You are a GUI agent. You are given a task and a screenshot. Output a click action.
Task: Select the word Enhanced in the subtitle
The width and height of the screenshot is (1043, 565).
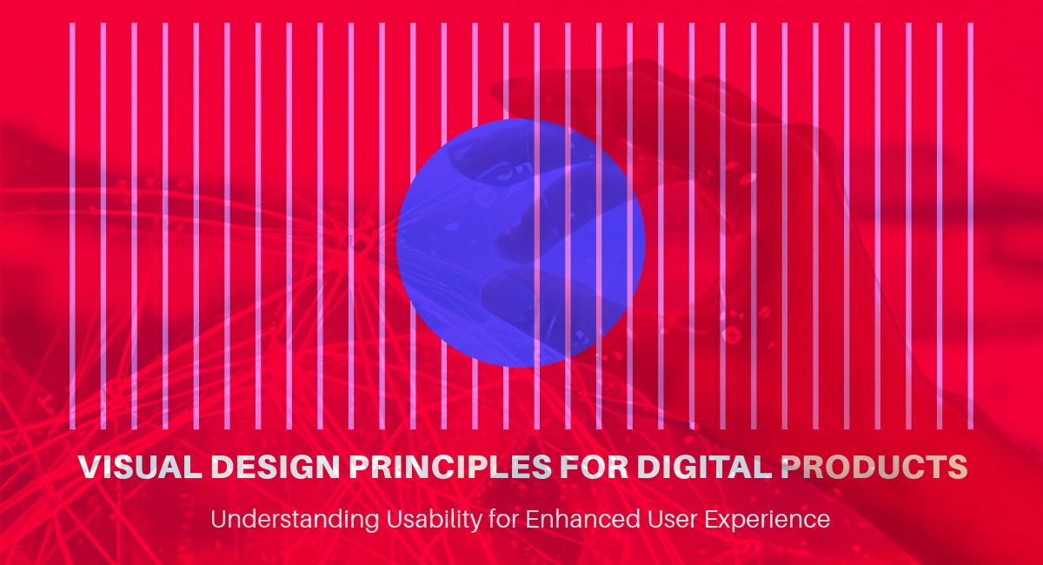(577, 521)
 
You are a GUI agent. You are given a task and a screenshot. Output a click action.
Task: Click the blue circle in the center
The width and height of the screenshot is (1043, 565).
(521, 243)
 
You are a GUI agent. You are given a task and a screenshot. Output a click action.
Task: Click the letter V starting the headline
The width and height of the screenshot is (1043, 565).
(88, 467)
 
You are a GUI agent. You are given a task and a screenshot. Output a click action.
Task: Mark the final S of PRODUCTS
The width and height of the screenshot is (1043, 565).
(957, 467)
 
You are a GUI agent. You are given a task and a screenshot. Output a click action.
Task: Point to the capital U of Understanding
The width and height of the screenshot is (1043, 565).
(218, 520)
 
